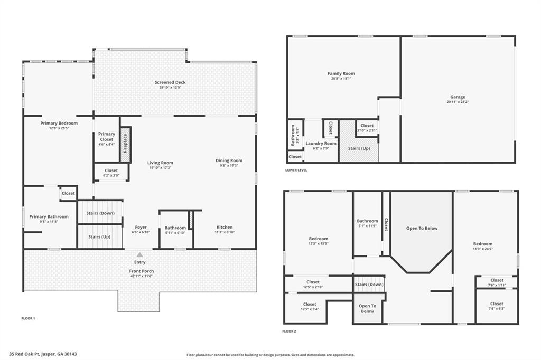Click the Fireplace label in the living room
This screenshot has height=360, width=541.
coord(125,144)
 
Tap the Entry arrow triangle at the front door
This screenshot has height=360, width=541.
coord(140,254)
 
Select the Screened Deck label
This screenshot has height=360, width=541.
coord(170,82)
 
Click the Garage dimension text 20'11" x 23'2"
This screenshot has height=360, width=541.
coord(458,102)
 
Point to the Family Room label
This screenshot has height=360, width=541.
coord(341,73)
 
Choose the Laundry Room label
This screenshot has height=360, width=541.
coord(322,143)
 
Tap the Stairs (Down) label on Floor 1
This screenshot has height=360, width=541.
coord(100,213)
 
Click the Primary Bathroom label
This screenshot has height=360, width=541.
coord(49,216)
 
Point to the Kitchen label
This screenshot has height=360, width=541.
coord(225,227)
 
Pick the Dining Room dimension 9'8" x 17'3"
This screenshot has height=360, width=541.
coord(229,166)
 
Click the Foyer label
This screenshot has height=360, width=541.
coord(140,227)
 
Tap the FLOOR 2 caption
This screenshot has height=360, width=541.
coord(289,331)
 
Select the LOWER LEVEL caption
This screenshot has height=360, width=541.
coord(296,170)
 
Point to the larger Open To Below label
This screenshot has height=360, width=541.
coord(422,228)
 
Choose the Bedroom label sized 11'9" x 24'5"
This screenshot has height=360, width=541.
coord(482,244)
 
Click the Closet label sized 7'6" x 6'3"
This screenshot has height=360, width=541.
coord(497,304)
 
